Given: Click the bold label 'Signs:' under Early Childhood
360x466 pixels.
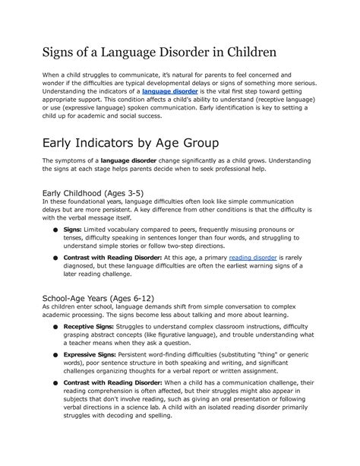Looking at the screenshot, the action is [x=73, y=229].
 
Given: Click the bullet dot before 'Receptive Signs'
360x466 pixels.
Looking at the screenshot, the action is [x=55, y=327].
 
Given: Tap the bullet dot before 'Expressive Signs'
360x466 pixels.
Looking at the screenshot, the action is [x=55, y=356].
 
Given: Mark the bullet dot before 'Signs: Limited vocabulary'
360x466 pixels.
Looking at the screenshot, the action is [x=55, y=230].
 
